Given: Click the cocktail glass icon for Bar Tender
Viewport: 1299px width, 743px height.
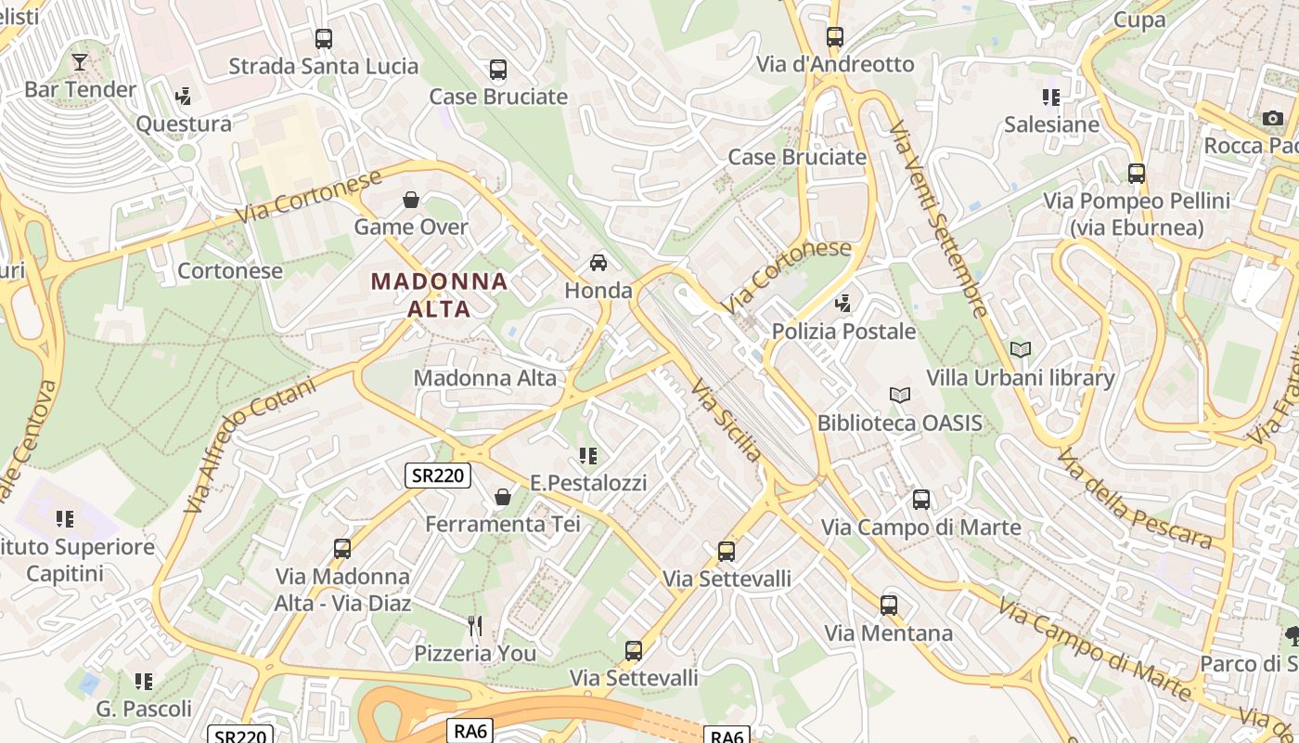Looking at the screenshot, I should [x=80, y=62].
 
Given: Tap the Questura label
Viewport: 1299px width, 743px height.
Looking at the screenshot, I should [x=184, y=124].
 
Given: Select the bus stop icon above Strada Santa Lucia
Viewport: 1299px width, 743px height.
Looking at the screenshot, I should [x=323, y=39].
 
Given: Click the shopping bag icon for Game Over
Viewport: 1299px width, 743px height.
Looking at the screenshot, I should [x=411, y=200].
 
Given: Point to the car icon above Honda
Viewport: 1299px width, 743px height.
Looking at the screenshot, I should [x=598, y=263].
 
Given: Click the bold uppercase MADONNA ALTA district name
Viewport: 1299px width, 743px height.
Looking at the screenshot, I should [x=440, y=294].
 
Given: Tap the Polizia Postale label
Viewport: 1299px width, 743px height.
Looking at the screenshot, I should [x=843, y=332].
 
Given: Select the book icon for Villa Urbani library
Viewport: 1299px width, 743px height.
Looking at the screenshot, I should [x=1021, y=350].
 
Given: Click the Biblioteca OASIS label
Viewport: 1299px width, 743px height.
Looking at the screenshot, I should [x=899, y=424].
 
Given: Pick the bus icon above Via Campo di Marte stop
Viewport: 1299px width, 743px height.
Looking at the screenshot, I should [x=920, y=500].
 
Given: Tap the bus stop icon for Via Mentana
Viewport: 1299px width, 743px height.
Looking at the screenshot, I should [x=889, y=606].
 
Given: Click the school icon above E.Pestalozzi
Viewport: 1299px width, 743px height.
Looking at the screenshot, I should [x=587, y=456].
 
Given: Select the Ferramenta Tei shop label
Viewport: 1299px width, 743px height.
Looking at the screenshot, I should [x=502, y=524].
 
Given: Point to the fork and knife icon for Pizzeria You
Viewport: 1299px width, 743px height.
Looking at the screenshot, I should [x=475, y=626].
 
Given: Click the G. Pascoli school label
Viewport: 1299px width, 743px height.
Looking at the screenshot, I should [x=144, y=710].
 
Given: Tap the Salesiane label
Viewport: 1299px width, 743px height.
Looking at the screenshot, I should [x=1051, y=124].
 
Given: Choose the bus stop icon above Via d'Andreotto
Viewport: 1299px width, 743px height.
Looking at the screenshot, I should [x=835, y=37].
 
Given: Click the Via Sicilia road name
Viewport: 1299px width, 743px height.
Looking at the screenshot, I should [x=727, y=421].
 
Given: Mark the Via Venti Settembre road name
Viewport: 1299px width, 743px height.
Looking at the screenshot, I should [x=940, y=219].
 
